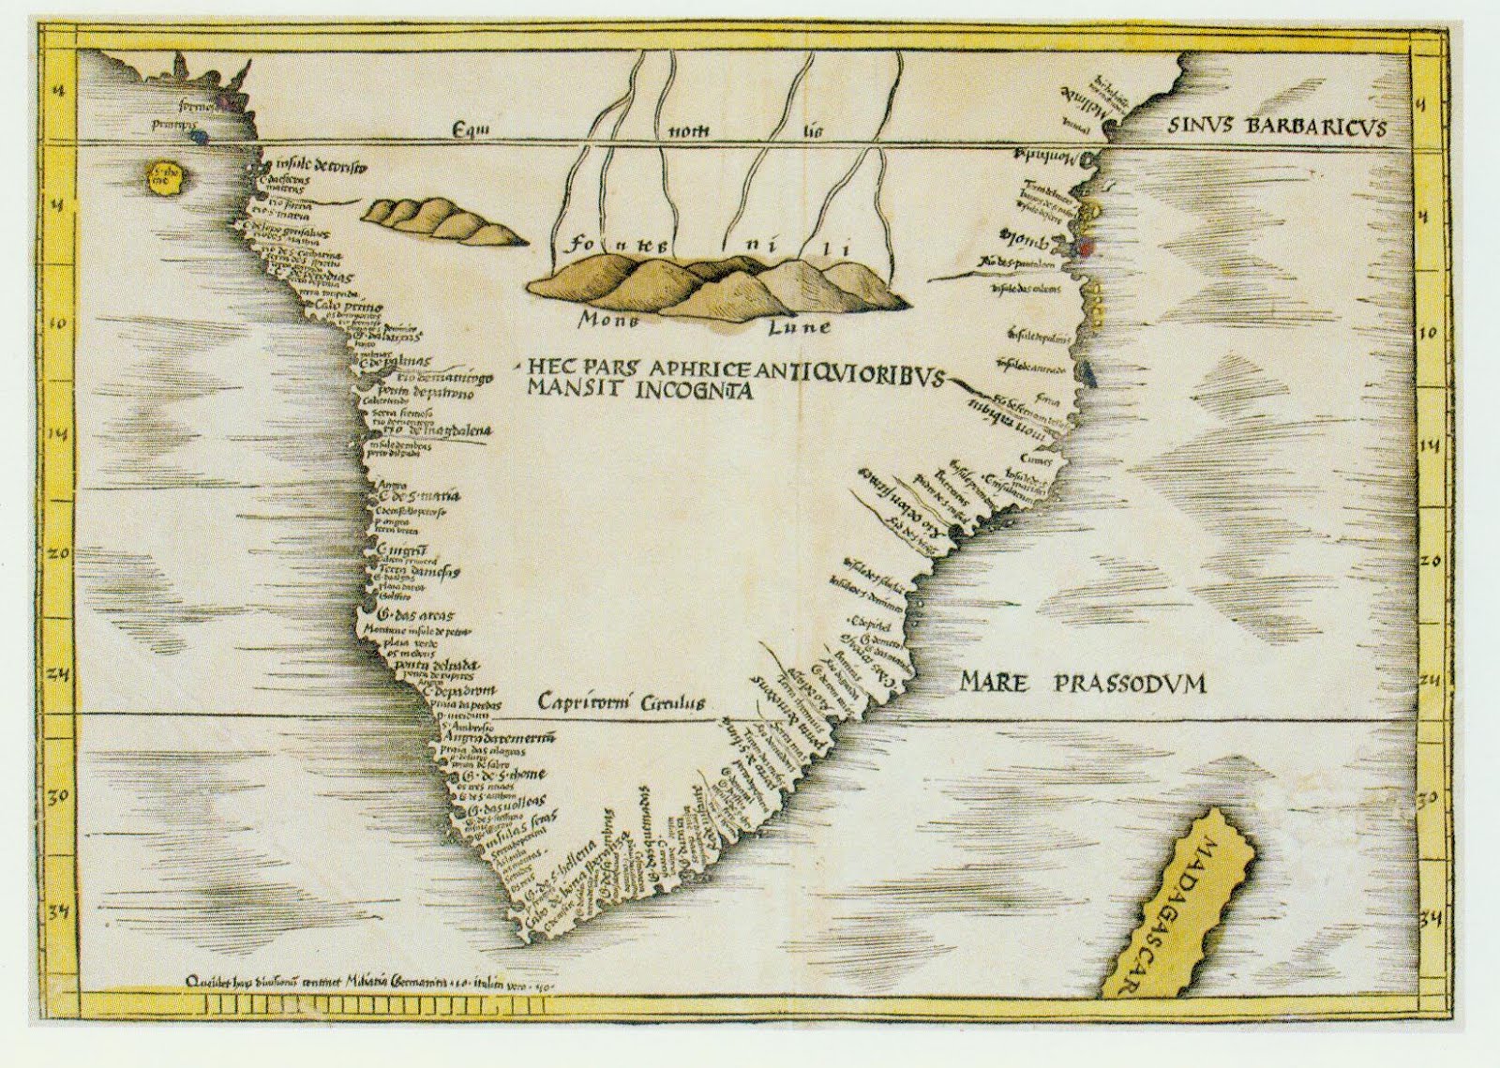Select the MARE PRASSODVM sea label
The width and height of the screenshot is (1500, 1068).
[1083, 684]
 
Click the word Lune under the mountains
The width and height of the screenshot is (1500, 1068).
[798, 327]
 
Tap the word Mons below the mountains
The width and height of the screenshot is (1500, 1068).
[607, 320]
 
